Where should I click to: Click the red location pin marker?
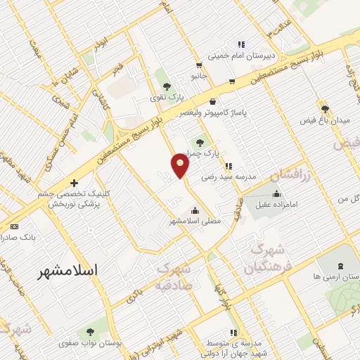coord(180,165)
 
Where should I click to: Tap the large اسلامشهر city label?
coord(67,270)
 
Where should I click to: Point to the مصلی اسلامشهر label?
coord(195,221)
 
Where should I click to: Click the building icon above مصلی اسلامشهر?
coord(195,210)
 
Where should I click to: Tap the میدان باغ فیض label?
coord(325,122)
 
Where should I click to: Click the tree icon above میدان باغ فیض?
coord(325,109)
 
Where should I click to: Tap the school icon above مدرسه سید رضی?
coord(228,167)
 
